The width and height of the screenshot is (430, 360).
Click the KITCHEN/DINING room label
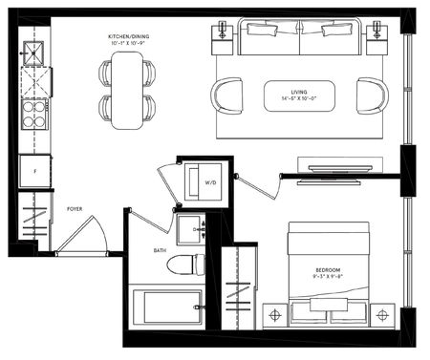pyautogui.click(x=129, y=38)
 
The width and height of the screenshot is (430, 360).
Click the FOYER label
pyautogui.click(x=73, y=208)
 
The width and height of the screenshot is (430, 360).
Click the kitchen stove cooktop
pyautogui.click(x=34, y=115)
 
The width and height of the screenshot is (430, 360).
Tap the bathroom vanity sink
pyautogui.click(x=189, y=228)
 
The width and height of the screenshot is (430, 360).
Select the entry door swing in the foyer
pyautogui.click(x=84, y=235)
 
